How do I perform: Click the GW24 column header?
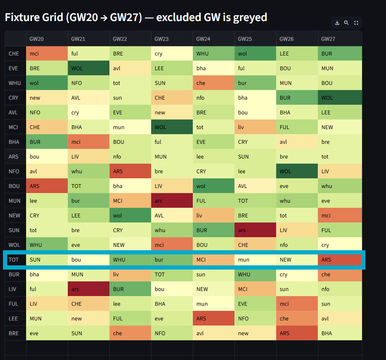point(203,39)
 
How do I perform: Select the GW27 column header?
point(328,39)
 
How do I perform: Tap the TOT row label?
point(14,259)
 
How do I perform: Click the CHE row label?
point(14,53)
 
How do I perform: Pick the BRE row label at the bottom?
point(14,333)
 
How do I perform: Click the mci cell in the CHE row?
point(47,53)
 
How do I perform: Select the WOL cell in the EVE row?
point(88,68)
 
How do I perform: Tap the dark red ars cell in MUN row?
point(172,201)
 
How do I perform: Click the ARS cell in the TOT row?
point(339,259)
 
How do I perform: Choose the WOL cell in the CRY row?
point(339,98)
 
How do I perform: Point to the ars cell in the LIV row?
point(88,289)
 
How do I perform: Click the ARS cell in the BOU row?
point(47,186)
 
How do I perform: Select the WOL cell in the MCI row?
point(172,127)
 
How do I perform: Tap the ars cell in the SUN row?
point(255,230)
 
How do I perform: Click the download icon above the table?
point(337,23)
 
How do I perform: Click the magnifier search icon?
point(346,23)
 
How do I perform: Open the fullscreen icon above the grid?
point(356,23)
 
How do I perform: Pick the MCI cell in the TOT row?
point(213,259)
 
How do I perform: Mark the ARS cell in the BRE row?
point(297,333)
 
